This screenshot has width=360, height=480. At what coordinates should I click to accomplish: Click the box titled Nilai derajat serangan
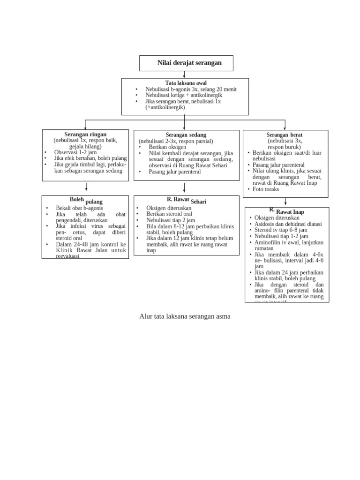(x=186, y=63)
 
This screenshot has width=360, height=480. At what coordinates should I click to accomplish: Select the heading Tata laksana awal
(x=186, y=83)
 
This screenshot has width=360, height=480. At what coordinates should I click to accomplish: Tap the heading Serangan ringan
(x=85, y=134)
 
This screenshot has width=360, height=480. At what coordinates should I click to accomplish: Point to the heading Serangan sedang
(x=186, y=135)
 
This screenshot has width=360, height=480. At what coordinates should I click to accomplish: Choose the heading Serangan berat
(x=285, y=135)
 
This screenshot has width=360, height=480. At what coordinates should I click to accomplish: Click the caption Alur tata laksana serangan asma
(x=185, y=316)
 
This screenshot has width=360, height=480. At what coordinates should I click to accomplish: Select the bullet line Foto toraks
(x=266, y=189)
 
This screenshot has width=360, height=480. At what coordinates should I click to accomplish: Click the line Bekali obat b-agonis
(x=79, y=208)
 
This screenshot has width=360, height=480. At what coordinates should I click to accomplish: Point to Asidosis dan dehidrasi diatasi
(x=288, y=224)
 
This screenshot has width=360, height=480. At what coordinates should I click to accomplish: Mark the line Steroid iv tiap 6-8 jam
(x=280, y=230)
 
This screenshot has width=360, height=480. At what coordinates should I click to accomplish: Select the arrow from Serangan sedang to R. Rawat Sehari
(x=185, y=187)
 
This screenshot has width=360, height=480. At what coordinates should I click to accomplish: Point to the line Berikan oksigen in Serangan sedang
(x=167, y=147)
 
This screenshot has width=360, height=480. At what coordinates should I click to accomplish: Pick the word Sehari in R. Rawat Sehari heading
(x=199, y=202)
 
